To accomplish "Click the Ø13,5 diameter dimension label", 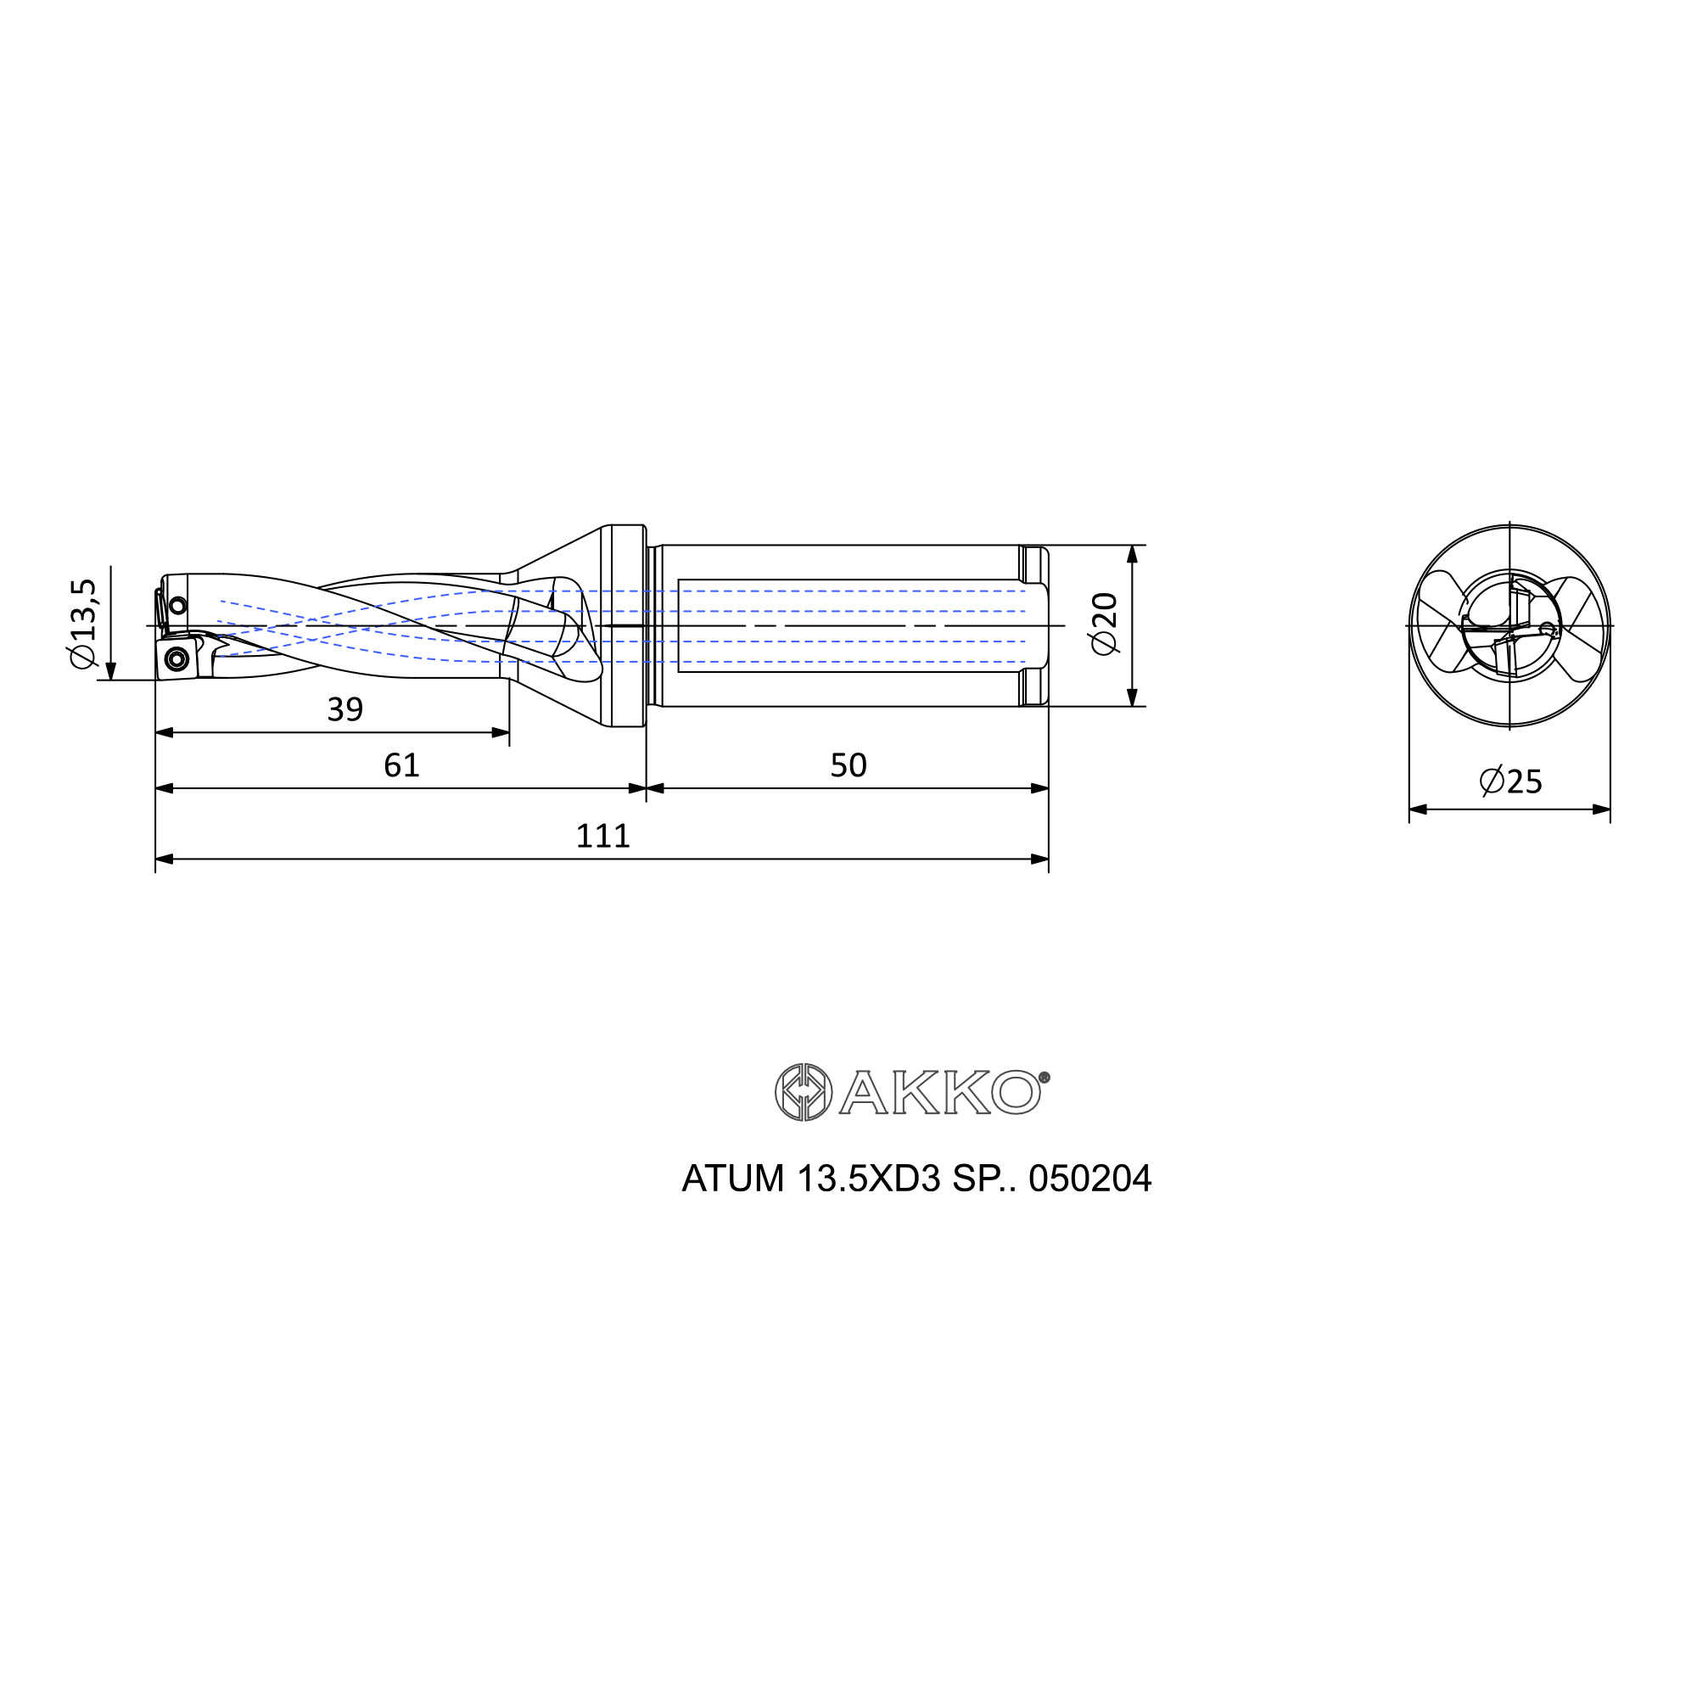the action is coord(84,624).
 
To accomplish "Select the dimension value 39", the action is coord(345,709).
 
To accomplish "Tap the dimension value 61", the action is coord(401,766).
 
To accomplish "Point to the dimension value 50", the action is coord(848,766).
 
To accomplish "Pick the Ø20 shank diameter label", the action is coord(1104,624).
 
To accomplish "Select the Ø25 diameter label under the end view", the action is coord(1511,781).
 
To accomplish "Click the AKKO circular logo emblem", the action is coord(803,1093).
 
